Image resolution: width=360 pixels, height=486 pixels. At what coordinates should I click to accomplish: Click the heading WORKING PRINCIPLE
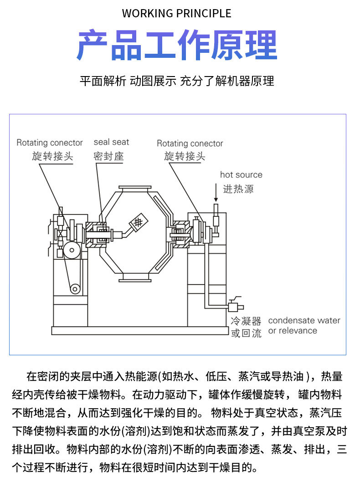[x=176, y=13]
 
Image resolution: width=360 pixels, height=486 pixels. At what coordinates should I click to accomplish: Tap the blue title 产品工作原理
[x=176, y=46]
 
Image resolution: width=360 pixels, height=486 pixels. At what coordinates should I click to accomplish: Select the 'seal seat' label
[x=111, y=142]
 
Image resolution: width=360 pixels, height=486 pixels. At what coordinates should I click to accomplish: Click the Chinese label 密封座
[x=108, y=156]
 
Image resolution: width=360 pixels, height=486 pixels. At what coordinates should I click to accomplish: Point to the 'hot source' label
[x=241, y=174]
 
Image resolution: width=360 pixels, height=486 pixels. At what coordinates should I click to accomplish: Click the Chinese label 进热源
[x=238, y=189]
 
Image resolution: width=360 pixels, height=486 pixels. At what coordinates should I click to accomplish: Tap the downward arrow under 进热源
[x=216, y=194]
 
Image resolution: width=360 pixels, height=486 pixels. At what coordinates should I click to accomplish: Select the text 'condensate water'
[x=304, y=320]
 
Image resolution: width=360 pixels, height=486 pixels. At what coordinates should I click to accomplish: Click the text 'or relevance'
[x=293, y=331]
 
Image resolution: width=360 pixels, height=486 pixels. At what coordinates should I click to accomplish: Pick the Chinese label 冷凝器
[x=246, y=321]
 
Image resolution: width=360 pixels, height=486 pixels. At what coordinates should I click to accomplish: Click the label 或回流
[x=246, y=333]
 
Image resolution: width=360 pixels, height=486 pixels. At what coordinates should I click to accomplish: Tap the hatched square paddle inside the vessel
[x=139, y=222]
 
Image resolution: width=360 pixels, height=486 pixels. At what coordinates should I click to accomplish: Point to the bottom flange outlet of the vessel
[x=135, y=278]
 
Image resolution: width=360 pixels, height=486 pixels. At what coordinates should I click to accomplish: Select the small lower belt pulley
[x=74, y=288]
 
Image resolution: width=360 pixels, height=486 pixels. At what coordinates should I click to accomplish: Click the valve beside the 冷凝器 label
[x=236, y=306]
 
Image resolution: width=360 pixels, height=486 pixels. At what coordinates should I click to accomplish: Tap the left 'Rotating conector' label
[x=50, y=143]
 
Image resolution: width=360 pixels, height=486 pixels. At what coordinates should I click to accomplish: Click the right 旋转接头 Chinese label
[x=185, y=156]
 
